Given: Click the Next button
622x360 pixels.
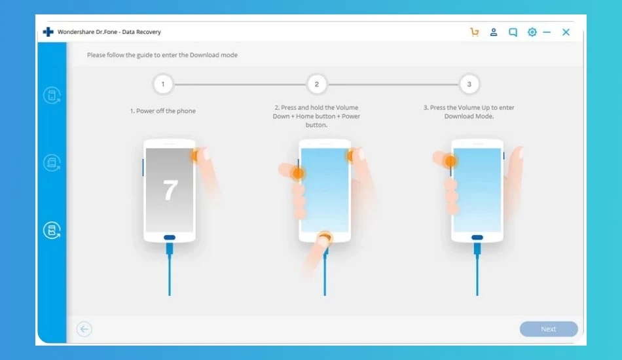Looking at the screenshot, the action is [549, 329].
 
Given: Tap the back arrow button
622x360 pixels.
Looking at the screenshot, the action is [84, 329].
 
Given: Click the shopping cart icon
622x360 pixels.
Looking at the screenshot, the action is [475, 32].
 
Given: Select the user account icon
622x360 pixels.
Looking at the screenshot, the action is [494, 32].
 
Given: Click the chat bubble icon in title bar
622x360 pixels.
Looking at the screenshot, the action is [513, 32].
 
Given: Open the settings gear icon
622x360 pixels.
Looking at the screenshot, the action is [532, 32].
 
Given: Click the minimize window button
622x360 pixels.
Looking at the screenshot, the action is [547, 32].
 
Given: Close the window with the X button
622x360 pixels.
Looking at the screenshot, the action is [566, 32].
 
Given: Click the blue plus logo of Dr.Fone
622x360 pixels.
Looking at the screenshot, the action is [48, 31].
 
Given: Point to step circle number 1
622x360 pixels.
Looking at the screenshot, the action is [162, 84].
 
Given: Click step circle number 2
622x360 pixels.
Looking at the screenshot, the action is [316, 84].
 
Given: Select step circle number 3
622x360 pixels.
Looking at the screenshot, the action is [469, 84].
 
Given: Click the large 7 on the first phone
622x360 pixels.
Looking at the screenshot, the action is [170, 190].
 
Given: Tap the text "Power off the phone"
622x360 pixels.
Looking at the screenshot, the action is [166, 111].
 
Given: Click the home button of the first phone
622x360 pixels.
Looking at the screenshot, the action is [170, 238].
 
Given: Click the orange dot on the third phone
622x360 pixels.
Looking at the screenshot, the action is [450, 162].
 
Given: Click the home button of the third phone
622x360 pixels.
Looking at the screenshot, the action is [477, 238].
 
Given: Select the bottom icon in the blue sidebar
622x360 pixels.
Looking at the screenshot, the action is [52, 230].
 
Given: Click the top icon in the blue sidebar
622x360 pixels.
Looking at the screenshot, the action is [52, 96].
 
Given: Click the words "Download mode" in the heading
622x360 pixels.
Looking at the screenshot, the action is [213, 55].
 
